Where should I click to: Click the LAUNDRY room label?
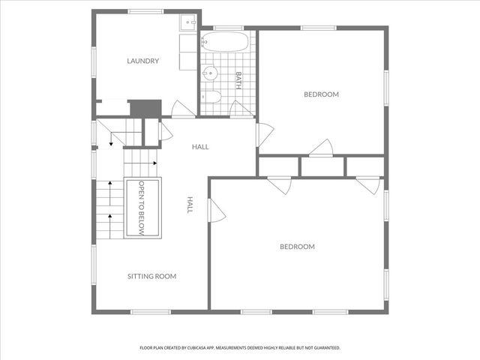pos(142,61)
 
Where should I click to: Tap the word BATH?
pos(238,80)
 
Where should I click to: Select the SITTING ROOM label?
pos(151,277)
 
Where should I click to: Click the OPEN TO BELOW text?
pos(142,208)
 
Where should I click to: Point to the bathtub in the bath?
pos(224,42)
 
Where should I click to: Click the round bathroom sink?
pos(210,73)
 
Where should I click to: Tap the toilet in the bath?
pos(211,97)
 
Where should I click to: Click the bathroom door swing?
pos(241,109)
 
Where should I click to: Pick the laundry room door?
pos(183,110)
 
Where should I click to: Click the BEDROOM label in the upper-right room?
pos(321,94)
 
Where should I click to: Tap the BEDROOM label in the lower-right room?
pos(297,247)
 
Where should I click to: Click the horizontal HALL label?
pos(200,147)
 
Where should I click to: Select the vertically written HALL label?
pos(190,205)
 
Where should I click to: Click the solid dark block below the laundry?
pos(145,108)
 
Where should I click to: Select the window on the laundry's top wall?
pos(145,10)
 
